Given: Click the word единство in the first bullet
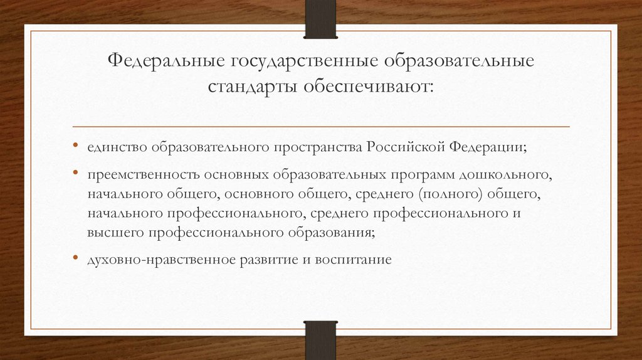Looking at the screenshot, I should pos(117,147).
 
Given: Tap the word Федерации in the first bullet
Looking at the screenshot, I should pos(487,147).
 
